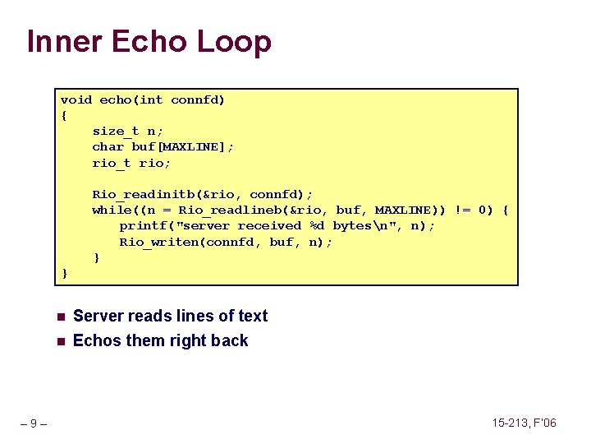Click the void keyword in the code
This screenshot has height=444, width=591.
pos(76,99)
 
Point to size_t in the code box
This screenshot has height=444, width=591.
pos(115,131)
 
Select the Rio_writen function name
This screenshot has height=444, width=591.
pos(163,242)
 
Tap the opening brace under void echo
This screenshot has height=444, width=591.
pos(64,115)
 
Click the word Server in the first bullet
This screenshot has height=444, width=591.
pos(98,316)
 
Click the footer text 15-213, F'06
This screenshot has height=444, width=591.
pos(524,423)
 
